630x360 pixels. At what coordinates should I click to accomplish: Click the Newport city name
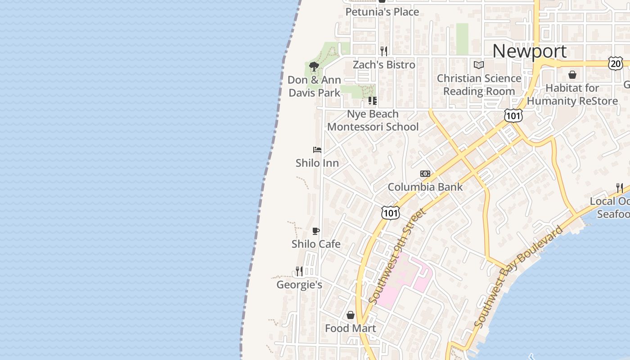click(529, 51)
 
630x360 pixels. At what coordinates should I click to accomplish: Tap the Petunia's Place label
click(382, 12)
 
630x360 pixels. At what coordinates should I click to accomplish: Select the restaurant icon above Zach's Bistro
click(384, 51)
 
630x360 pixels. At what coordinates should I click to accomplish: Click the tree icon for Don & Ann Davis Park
click(314, 67)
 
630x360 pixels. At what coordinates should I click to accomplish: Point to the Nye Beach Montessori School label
click(373, 121)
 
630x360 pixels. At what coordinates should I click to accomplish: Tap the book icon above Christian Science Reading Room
click(479, 65)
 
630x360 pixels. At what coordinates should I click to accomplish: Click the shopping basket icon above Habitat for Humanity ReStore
click(572, 74)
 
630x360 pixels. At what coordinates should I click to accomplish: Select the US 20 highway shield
click(615, 63)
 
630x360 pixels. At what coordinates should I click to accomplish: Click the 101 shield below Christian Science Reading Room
click(513, 116)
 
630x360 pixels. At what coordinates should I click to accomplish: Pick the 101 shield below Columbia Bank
click(390, 213)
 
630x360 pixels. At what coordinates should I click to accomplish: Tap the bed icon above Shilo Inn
click(317, 149)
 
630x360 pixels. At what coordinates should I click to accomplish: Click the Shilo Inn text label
click(317, 163)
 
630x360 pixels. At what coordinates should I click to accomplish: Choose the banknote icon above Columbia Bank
click(425, 174)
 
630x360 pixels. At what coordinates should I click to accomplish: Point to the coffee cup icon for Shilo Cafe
click(316, 231)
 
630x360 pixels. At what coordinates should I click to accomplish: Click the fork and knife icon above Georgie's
click(299, 271)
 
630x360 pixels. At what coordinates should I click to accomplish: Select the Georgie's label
click(299, 285)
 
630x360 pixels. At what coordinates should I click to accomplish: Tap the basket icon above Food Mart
click(351, 315)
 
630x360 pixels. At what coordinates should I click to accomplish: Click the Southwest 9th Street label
click(396, 256)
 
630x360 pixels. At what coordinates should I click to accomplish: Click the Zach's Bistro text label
click(384, 65)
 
